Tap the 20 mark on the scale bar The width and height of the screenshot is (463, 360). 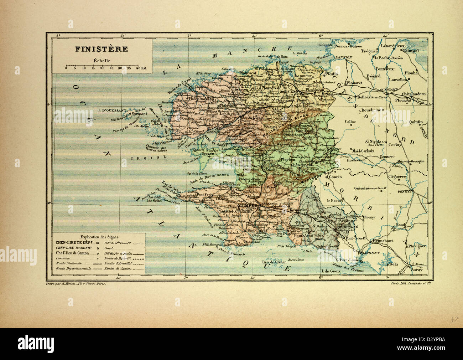click(102, 67)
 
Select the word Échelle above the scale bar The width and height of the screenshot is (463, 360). click(102, 60)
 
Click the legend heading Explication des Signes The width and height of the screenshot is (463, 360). click(100, 236)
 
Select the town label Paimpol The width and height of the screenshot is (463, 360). click(411, 51)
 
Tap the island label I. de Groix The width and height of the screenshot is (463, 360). click(331, 271)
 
